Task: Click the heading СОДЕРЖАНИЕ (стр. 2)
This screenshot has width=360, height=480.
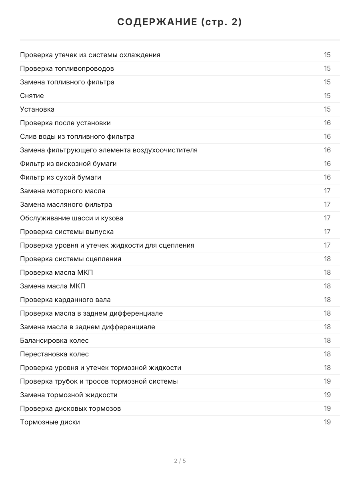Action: (180, 22)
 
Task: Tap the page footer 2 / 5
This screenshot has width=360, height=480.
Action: (180, 461)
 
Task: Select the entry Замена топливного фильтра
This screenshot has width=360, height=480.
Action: (67, 82)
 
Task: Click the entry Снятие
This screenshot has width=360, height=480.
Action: (32, 96)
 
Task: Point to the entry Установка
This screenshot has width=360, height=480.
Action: (37, 109)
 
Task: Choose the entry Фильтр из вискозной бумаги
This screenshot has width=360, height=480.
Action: (68, 164)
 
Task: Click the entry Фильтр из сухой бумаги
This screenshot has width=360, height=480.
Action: (60, 177)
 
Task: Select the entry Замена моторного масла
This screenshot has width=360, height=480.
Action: (63, 191)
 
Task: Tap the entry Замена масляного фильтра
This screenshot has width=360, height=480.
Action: (66, 204)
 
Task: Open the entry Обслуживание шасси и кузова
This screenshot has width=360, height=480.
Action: (72, 218)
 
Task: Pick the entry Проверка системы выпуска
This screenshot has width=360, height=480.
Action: (67, 232)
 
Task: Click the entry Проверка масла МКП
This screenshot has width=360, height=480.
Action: (56, 272)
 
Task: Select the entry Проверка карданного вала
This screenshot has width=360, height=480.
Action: (65, 300)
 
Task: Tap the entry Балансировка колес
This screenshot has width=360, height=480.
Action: (54, 340)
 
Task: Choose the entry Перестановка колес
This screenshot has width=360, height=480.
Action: (54, 354)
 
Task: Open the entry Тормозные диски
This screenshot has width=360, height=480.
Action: (50, 422)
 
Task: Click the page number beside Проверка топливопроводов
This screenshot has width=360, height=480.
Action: (327, 68)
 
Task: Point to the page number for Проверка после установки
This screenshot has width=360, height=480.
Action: (327, 123)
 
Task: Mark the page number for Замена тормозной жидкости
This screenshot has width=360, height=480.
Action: (327, 395)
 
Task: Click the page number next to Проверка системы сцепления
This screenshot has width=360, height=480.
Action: (327, 259)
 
